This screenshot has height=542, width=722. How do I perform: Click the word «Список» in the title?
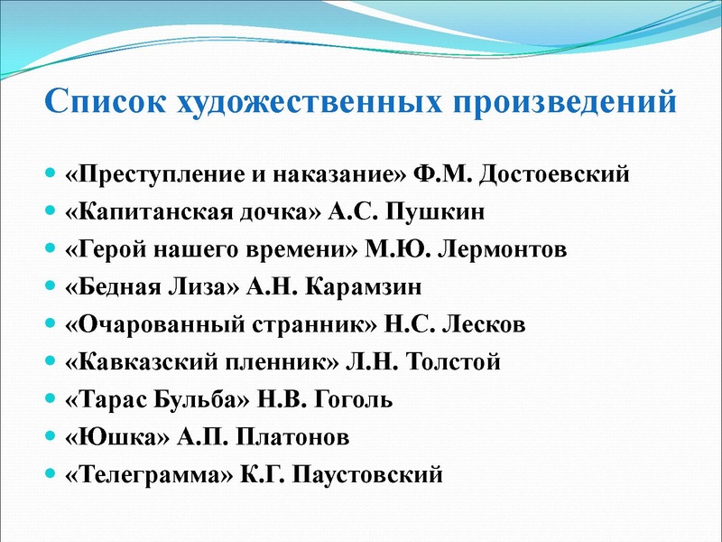[102, 100]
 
